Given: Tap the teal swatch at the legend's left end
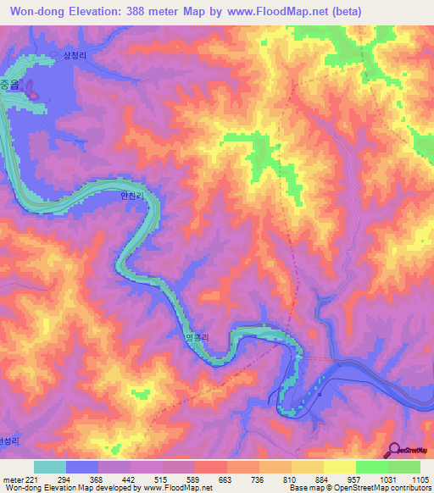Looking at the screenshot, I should (50, 467).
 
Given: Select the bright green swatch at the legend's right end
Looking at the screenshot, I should (403, 467).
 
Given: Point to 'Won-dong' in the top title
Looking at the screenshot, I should (41, 11).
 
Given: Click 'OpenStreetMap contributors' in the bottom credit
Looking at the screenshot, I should (386, 489).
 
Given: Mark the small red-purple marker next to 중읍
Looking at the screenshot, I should (33, 91).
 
